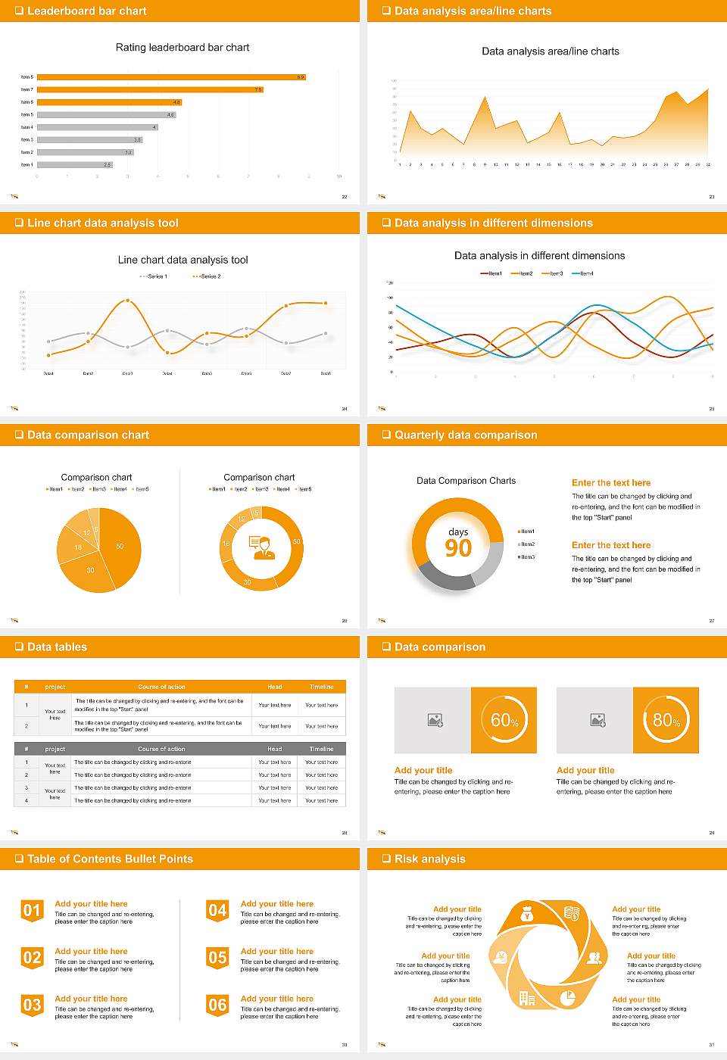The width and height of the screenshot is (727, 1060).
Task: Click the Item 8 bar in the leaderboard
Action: [x=171, y=76]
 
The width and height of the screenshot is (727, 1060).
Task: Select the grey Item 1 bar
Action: [x=74, y=164]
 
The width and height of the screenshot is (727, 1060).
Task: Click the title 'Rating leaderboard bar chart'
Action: [x=183, y=47]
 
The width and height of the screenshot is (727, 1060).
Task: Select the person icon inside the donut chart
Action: [x=260, y=547]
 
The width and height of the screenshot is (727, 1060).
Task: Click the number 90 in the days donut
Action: [x=458, y=547]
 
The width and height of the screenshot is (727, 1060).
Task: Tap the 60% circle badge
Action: [x=504, y=720]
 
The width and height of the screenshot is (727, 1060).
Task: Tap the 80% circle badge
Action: [x=666, y=720]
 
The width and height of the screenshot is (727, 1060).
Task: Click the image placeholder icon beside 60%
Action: [x=435, y=720]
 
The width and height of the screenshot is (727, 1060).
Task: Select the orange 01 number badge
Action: [x=32, y=910]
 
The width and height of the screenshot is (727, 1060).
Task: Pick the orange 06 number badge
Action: [x=217, y=1005]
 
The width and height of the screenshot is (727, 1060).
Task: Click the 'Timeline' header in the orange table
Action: [x=321, y=687]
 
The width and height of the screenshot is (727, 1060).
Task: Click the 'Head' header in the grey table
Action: [x=274, y=749]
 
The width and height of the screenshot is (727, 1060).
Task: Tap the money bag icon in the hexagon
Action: [x=528, y=915]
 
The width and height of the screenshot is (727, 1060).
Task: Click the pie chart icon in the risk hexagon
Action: [x=567, y=999]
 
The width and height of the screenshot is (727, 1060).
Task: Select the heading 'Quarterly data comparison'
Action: [x=466, y=435]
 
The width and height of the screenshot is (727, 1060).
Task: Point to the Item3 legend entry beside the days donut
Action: [x=527, y=557]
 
